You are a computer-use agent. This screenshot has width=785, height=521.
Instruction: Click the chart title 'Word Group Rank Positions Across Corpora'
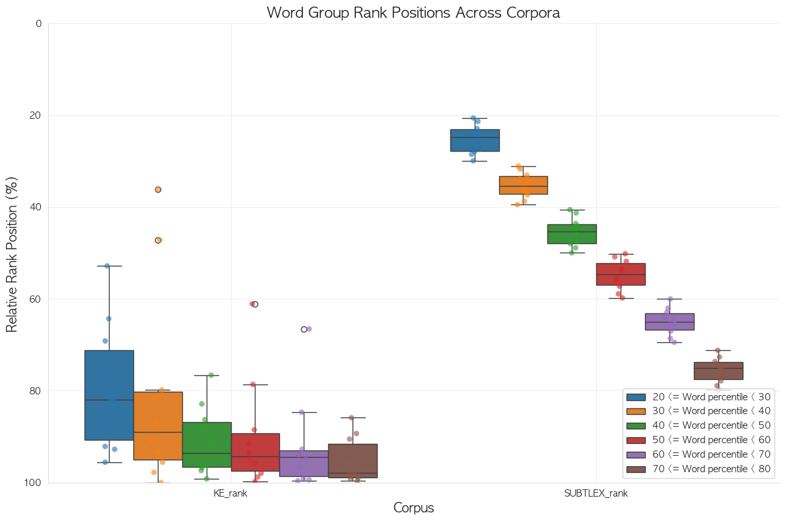coord(413,13)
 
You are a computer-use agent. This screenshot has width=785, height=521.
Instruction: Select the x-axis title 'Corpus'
coord(413,508)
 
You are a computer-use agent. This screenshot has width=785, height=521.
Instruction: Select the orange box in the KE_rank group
coord(158,425)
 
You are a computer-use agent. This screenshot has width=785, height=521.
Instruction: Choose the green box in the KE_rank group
coord(207,444)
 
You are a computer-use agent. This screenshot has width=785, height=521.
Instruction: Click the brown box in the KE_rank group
coord(353,460)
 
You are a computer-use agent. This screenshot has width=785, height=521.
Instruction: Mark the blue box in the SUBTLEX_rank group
coord(475,140)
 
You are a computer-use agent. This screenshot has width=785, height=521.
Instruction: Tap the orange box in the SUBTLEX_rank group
coord(524,185)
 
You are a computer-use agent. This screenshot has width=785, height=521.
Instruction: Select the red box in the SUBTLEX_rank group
coord(621,274)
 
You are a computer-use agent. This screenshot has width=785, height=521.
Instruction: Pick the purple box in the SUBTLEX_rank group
coord(669,321)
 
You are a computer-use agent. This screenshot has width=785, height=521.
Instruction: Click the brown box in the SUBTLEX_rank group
coord(718,371)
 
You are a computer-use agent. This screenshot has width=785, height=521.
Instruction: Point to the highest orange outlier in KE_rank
coord(158,189)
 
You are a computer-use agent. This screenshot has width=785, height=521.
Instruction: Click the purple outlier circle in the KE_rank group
coord(304,329)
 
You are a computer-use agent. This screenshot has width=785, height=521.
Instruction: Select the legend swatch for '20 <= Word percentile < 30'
coord(636,397)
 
